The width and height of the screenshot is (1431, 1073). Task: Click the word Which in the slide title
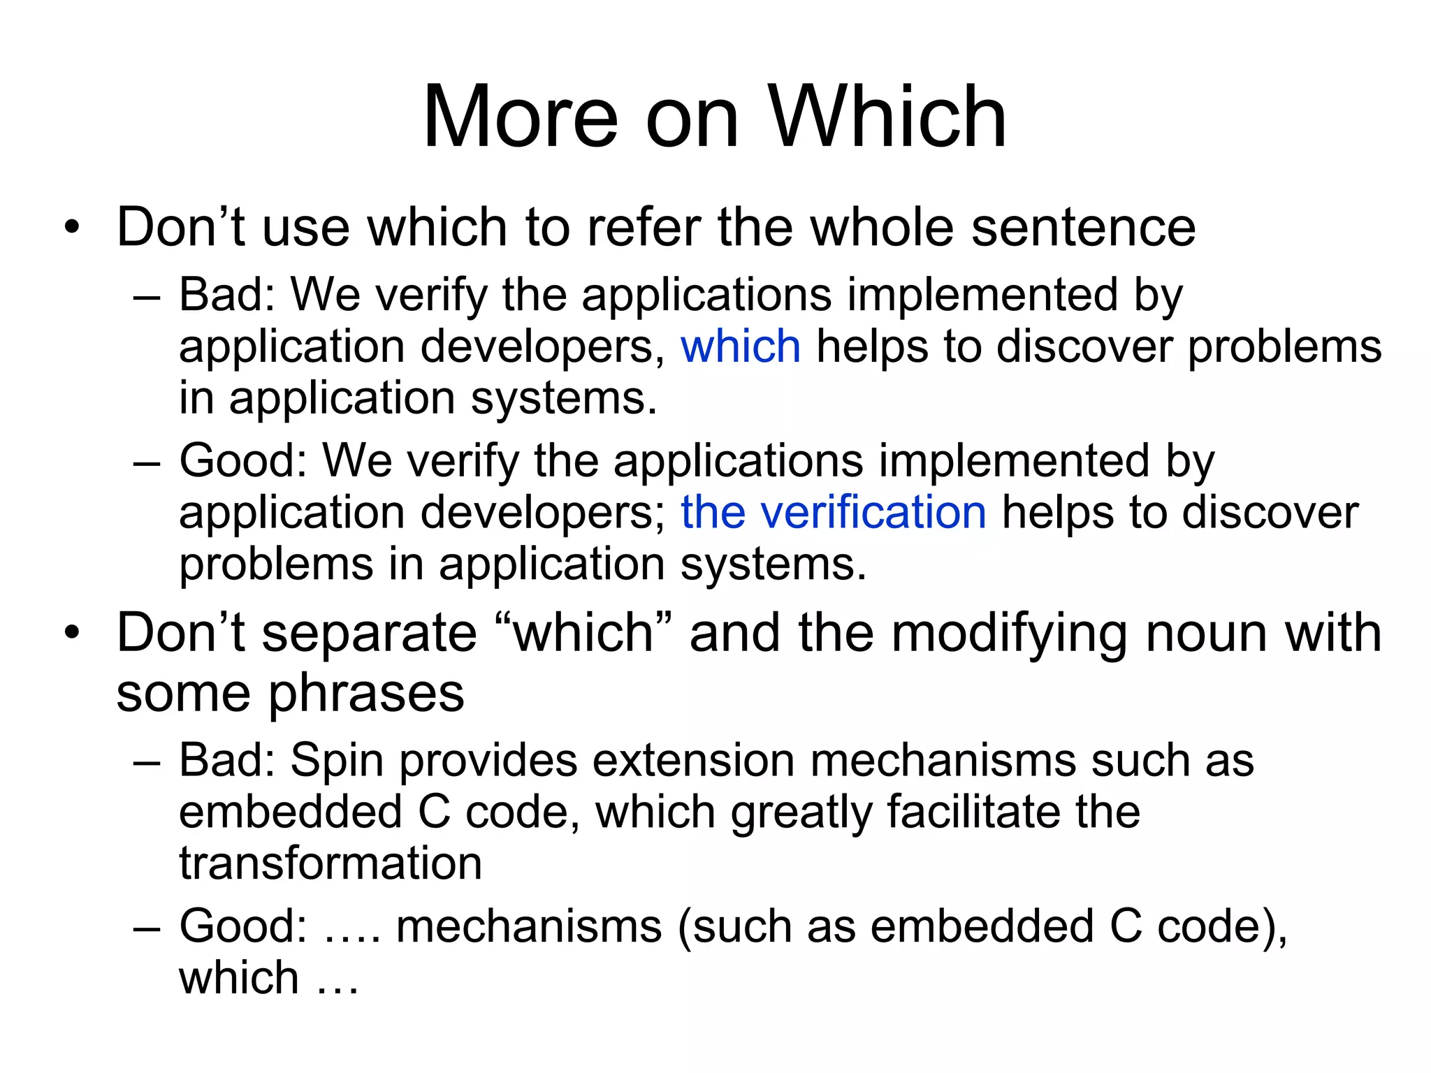pos(887,117)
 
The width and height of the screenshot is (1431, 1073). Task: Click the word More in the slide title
pos(521,117)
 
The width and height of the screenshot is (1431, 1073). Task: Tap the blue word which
pos(741,346)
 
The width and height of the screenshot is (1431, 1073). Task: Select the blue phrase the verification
pos(833,512)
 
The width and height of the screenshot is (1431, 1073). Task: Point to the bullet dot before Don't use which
pos(71,228)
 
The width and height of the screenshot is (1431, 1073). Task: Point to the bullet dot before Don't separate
pos(71,633)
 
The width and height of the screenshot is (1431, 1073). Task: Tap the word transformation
pos(330,863)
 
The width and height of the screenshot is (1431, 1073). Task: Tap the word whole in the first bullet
pos(882,228)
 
